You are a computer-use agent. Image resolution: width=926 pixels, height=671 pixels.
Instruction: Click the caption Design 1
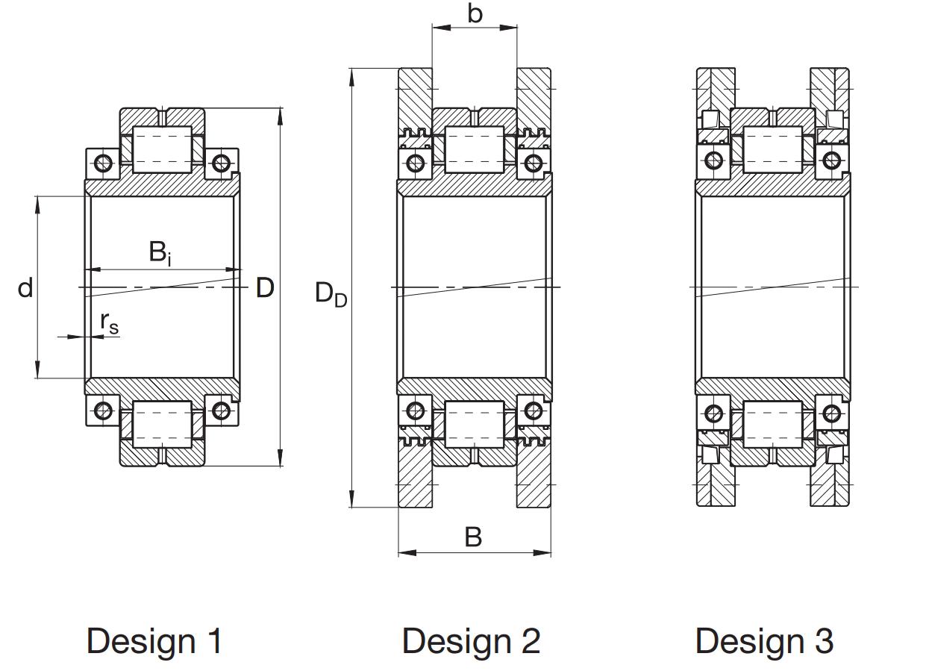pos(154,640)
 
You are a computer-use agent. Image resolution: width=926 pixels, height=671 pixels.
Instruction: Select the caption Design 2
pos(472,640)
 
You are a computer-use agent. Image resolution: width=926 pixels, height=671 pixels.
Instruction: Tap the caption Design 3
pos(764,640)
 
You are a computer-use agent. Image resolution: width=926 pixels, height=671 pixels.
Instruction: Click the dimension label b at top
pos(475,13)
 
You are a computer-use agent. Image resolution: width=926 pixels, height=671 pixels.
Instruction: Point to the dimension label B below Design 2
pos(473,537)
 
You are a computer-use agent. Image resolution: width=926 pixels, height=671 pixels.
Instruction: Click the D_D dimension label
pos(331,294)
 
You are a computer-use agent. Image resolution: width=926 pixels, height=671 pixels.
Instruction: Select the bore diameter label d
pos(25,288)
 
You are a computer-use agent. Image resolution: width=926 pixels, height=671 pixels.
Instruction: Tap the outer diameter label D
pos(265,288)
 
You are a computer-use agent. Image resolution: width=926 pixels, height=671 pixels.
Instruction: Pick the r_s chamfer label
pos(110,323)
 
